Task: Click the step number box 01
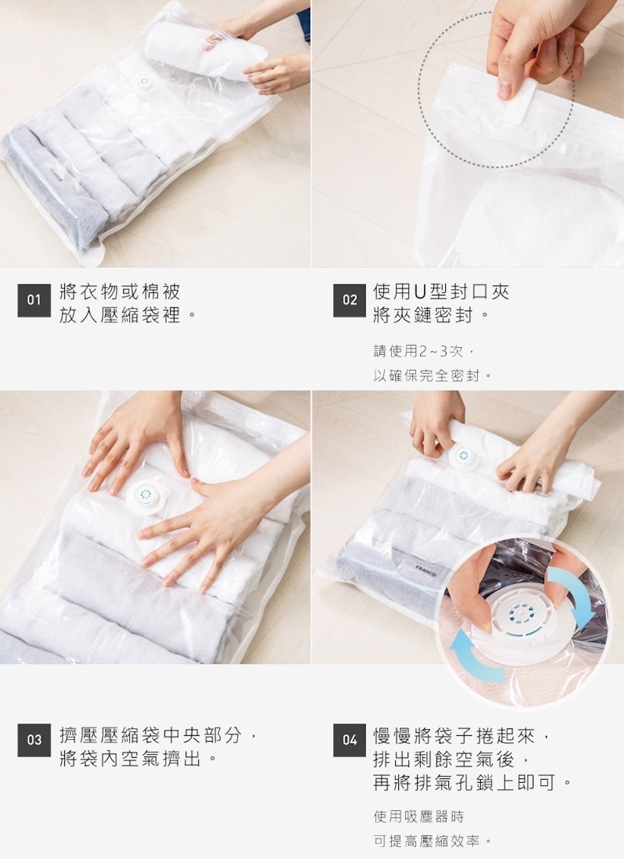click(34, 300)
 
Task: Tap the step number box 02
click(350, 300)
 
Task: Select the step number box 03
click(34, 740)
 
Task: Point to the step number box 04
click(350, 740)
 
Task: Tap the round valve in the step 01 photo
click(144, 81)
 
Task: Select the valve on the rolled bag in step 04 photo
click(464, 456)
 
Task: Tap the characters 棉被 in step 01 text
click(159, 292)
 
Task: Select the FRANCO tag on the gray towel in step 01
click(57, 173)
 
